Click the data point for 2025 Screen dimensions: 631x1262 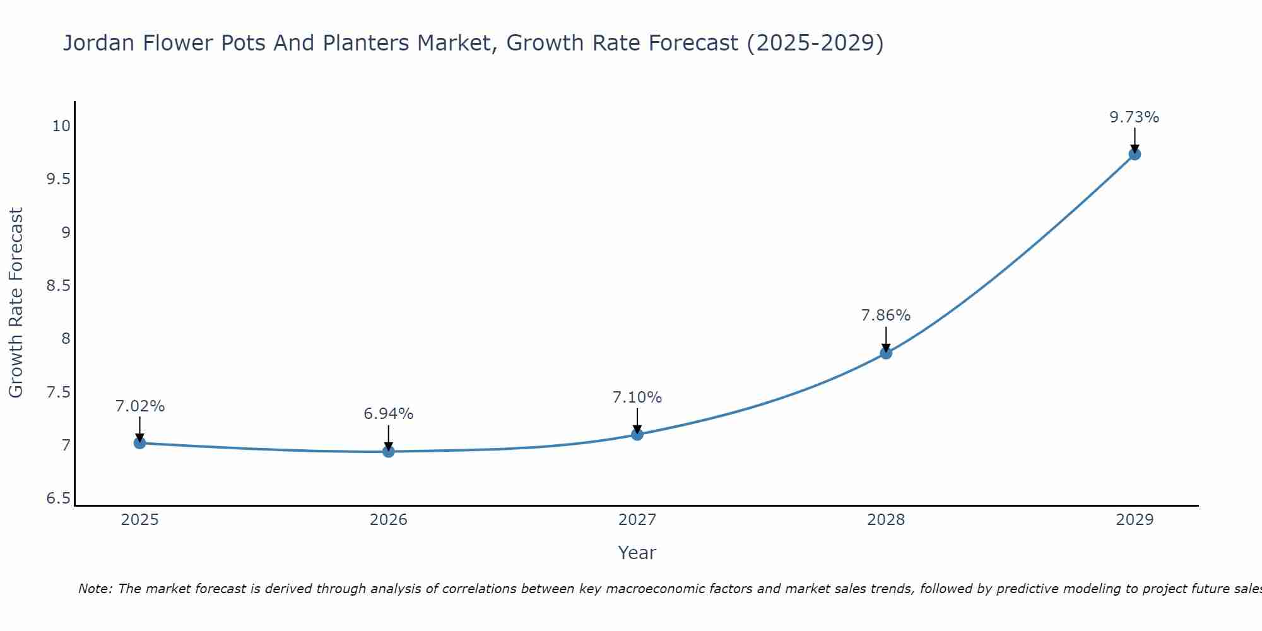click(140, 443)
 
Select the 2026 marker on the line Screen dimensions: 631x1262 click(389, 451)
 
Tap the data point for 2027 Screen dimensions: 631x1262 click(637, 434)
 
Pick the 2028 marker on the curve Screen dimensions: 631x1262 click(886, 353)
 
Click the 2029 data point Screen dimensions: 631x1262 click(1135, 154)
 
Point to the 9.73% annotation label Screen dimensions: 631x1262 click(1135, 117)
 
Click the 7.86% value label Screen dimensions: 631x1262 click(886, 315)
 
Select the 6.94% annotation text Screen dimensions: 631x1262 click(389, 414)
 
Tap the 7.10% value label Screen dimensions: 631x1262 click(637, 398)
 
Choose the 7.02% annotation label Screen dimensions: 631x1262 click(140, 406)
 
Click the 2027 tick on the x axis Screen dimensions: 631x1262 click(637, 520)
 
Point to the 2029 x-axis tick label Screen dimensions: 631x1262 click(1135, 520)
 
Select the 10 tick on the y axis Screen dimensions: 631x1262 click(61, 126)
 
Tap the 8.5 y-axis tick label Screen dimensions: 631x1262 click(58, 286)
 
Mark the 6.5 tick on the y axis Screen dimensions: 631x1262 click(58, 498)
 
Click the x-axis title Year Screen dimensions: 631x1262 click(637, 553)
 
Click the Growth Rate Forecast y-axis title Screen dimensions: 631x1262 click(16, 303)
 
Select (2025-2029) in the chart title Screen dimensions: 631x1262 click(815, 43)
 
